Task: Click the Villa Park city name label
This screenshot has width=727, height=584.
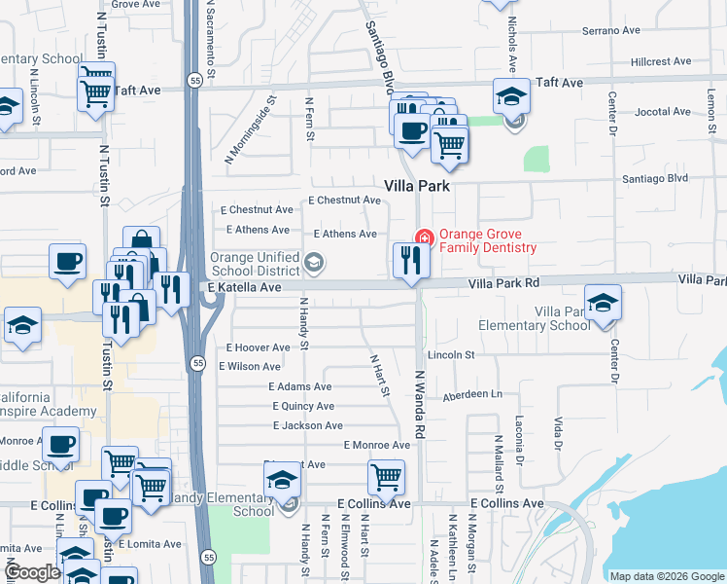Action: tap(417, 185)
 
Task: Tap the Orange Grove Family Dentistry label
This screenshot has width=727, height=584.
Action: tap(487, 240)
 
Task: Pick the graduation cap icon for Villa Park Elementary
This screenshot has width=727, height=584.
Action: tap(603, 302)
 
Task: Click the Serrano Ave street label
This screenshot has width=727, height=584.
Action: tap(611, 31)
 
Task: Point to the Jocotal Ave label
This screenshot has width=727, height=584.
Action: tap(662, 112)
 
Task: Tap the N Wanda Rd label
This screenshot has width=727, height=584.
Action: tap(421, 403)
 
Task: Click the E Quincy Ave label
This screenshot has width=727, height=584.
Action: tap(303, 406)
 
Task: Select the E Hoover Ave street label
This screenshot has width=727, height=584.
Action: tap(258, 347)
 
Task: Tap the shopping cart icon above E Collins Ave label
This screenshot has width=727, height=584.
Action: tap(386, 477)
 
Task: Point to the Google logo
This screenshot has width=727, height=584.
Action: tap(32, 573)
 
